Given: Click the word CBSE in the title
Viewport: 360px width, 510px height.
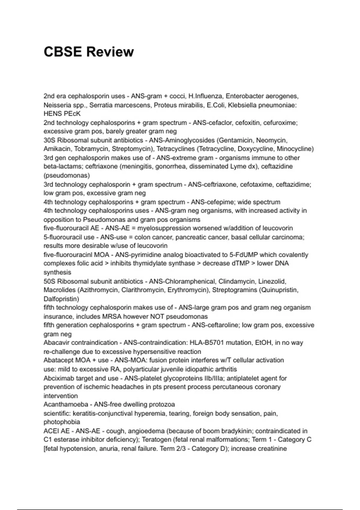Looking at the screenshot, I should coord(62,52).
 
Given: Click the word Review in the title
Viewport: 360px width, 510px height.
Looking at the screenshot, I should coord(110,52).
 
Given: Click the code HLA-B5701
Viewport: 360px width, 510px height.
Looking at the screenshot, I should coord(207,343).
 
